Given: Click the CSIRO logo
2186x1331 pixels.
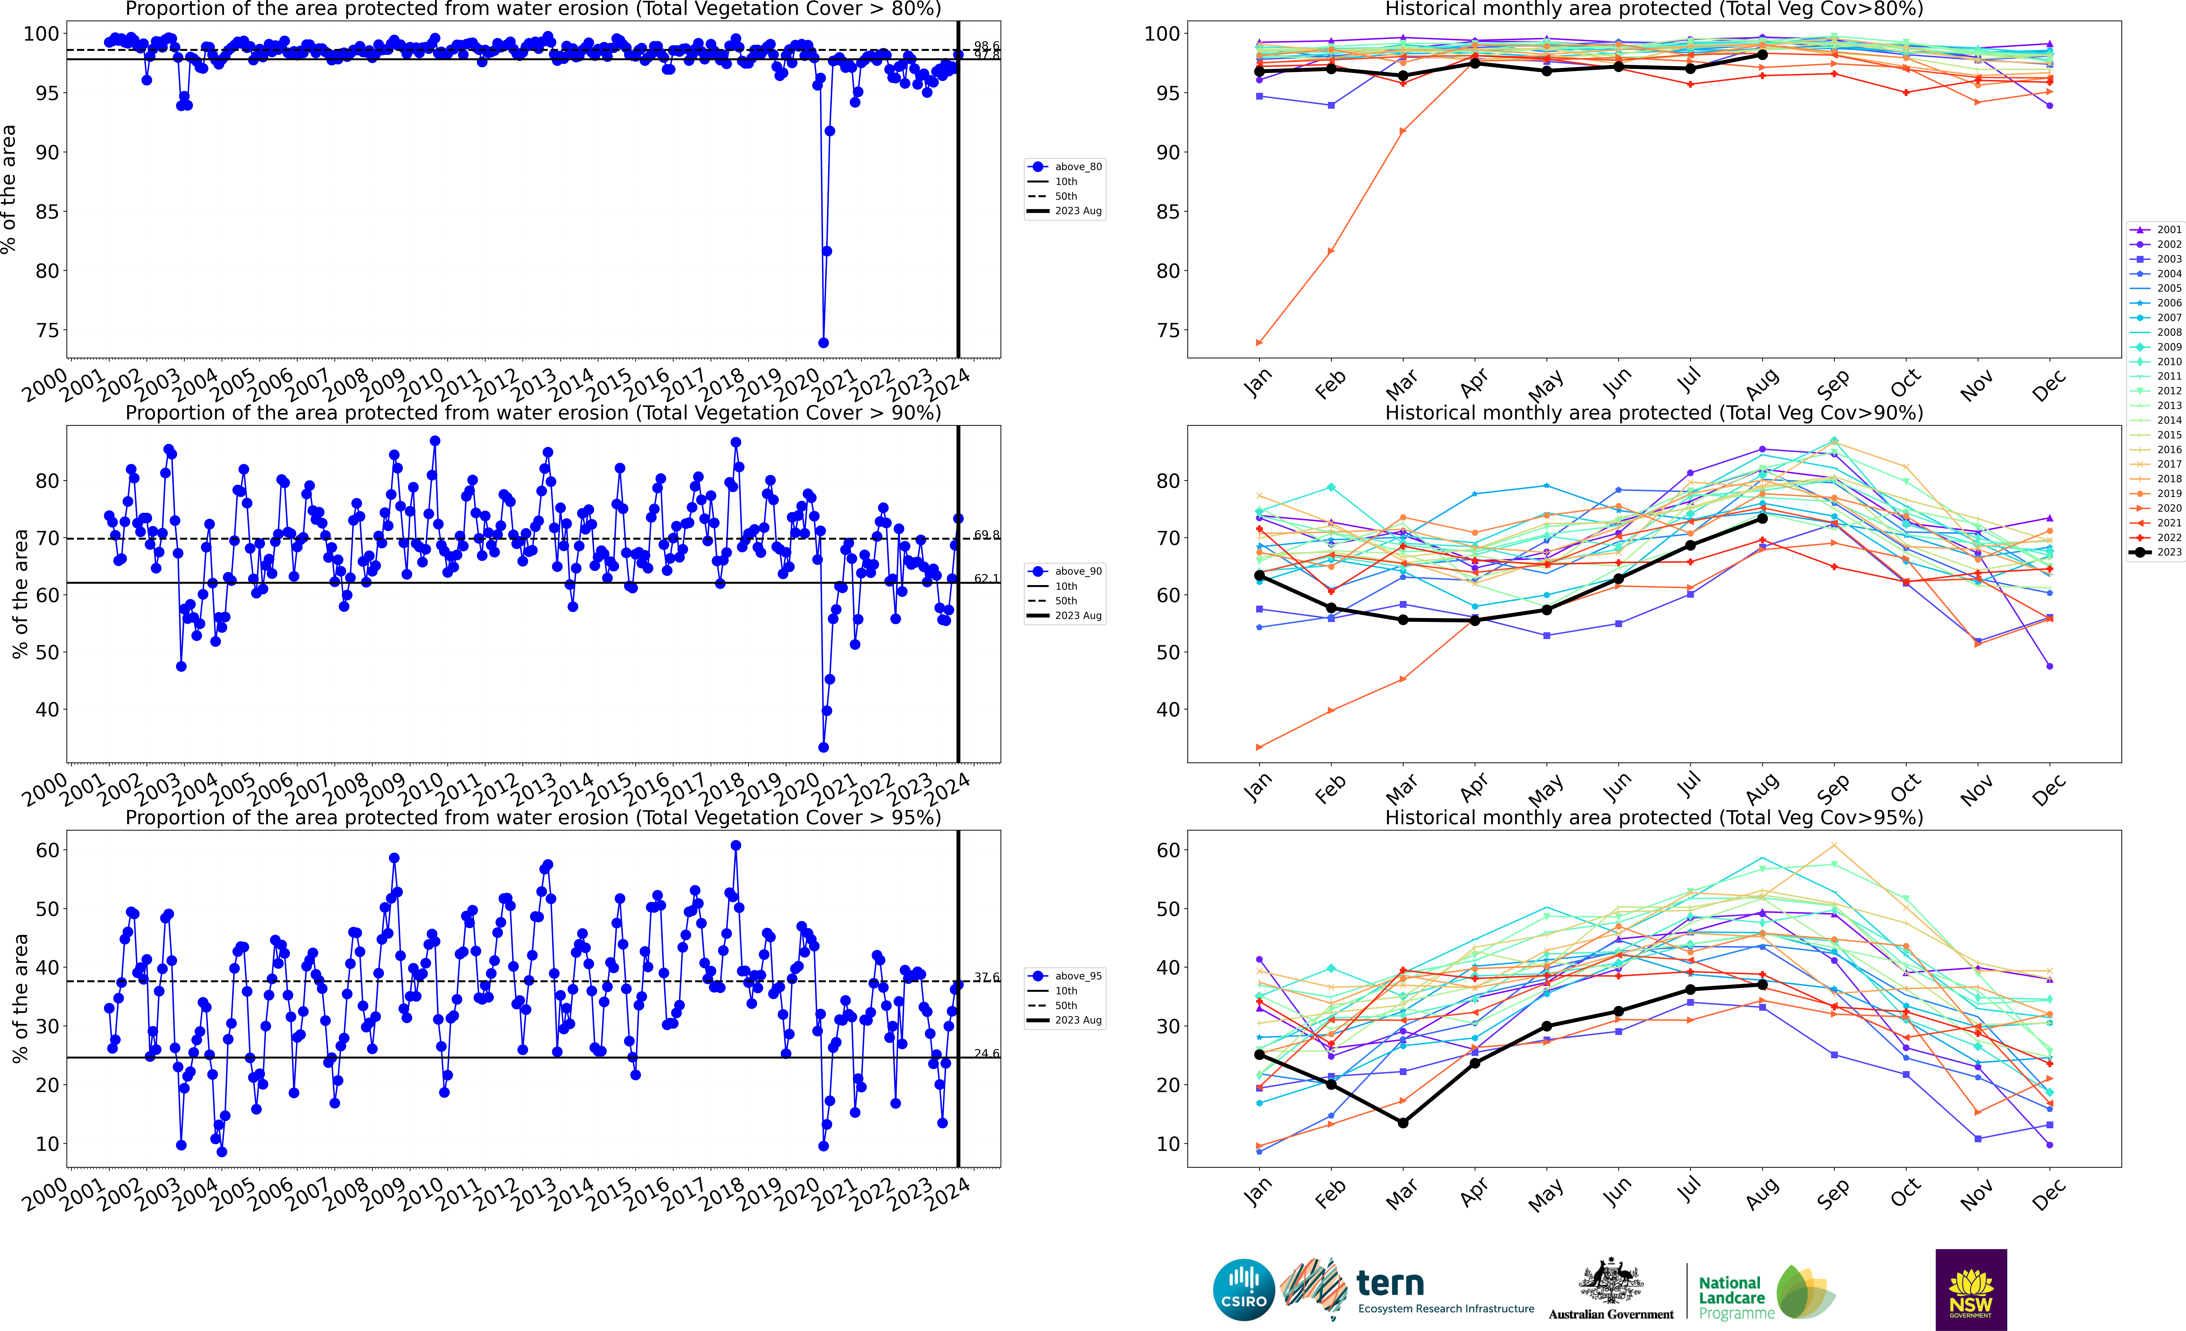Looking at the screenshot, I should [x=1243, y=1289].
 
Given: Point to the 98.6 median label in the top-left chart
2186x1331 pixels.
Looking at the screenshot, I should [x=986, y=45].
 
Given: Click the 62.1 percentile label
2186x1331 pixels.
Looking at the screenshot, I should [x=986, y=579].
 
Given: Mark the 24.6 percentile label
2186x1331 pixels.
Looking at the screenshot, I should [x=986, y=1053].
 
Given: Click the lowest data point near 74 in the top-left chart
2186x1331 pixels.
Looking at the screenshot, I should [x=823, y=342].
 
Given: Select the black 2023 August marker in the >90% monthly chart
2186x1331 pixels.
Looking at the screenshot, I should [x=1762, y=518].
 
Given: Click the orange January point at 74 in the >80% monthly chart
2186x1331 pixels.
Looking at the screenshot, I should [x=1259, y=342].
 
